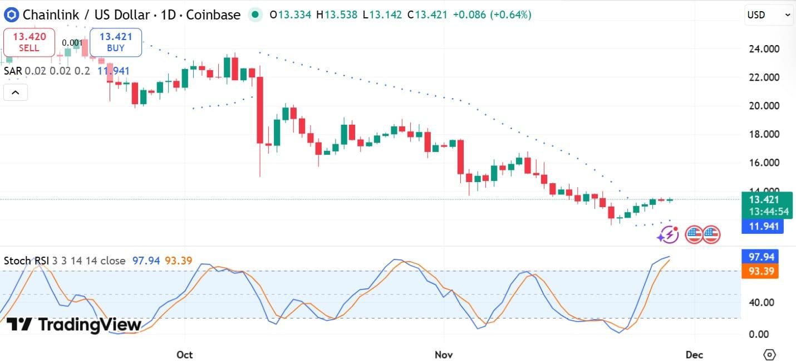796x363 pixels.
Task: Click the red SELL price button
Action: pos(29,42)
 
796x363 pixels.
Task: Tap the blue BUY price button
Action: pos(116,42)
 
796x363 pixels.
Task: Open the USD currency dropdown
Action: pos(769,15)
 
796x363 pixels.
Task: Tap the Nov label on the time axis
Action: pos(444,355)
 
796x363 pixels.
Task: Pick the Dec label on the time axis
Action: pos(695,355)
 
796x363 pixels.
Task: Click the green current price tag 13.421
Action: pos(767,200)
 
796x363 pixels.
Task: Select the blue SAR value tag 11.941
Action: pos(762,226)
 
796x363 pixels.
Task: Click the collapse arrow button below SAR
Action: pos(16,92)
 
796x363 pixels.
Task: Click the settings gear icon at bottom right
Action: pos(769,355)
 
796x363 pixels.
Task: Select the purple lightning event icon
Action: pos(668,234)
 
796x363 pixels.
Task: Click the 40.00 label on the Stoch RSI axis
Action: pos(761,302)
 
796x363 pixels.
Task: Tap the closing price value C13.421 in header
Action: pos(427,15)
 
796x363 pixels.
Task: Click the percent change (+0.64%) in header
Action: pos(510,15)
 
